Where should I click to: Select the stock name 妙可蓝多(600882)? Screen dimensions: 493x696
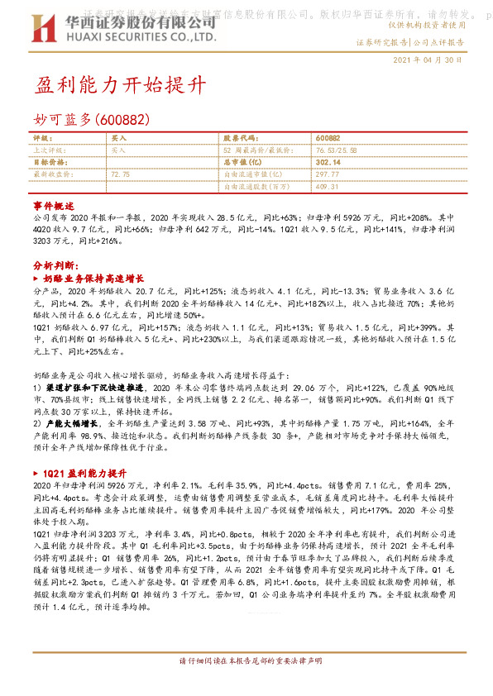(x=92, y=119)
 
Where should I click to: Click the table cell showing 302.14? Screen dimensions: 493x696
(x=327, y=163)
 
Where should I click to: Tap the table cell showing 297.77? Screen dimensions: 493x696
(x=328, y=175)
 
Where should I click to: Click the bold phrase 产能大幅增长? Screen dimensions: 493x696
(x=69, y=422)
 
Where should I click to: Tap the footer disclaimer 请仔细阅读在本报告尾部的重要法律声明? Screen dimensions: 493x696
(x=250, y=662)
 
